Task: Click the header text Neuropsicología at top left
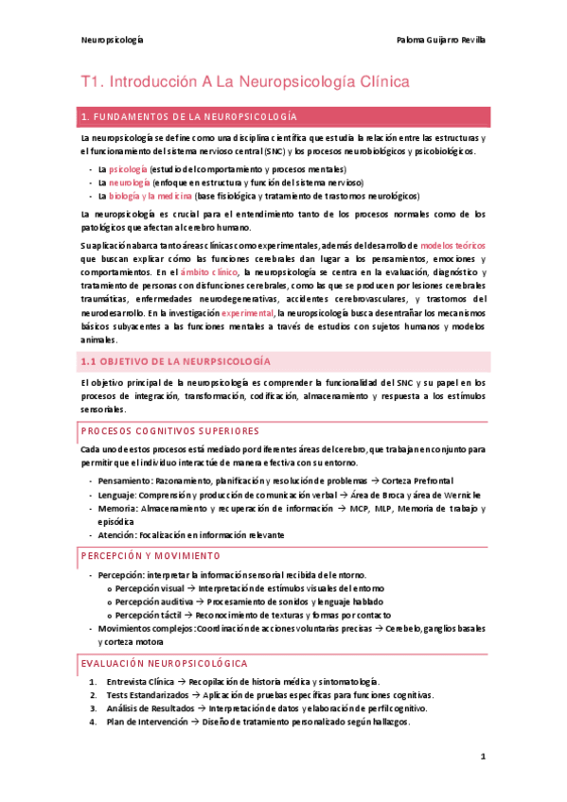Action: [x=112, y=41]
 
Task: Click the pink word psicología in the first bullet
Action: [x=129, y=167]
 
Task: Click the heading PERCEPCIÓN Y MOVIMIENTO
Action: [x=151, y=555]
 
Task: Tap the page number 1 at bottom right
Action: [x=483, y=757]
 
